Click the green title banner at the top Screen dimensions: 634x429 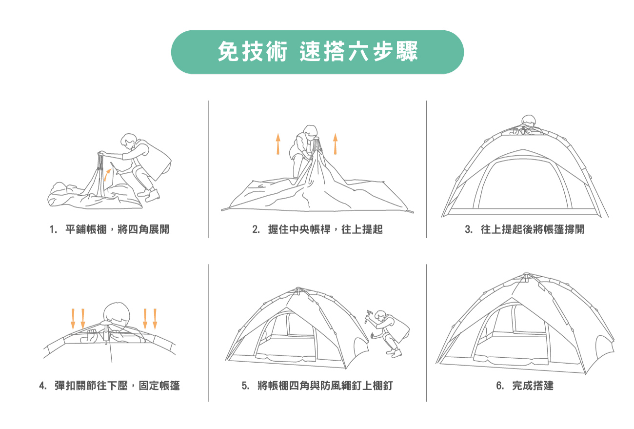(x=317, y=52)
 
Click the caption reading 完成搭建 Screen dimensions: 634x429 (x=533, y=386)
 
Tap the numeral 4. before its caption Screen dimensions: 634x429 (x=43, y=386)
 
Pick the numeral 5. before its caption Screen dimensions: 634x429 (x=245, y=386)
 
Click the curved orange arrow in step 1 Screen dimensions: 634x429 (x=107, y=175)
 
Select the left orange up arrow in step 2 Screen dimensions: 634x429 (x=278, y=144)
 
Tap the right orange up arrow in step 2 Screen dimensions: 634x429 (x=336, y=144)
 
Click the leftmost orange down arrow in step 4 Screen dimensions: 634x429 (x=73, y=319)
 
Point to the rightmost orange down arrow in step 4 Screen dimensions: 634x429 (x=155, y=319)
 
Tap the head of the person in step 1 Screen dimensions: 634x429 (x=129, y=141)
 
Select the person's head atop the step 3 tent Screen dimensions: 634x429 (x=529, y=121)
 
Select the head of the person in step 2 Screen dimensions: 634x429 (x=311, y=131)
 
